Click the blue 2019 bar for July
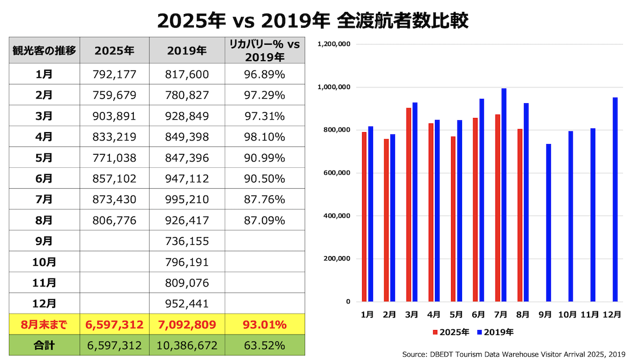(x=503, y=195)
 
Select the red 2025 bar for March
(x=408, y=205)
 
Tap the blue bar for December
(x=615, y=200)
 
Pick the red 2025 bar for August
(x=519, y=215)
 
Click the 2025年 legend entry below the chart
(x=451, y=332)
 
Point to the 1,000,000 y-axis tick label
(x=334, y=87)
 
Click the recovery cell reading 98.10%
(x=265, y=137)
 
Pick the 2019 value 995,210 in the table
(x=187, y=199)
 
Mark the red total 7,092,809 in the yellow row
(x=187, y=325)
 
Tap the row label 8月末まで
(x=44, y=325)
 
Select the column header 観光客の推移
(x=44, y=50)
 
